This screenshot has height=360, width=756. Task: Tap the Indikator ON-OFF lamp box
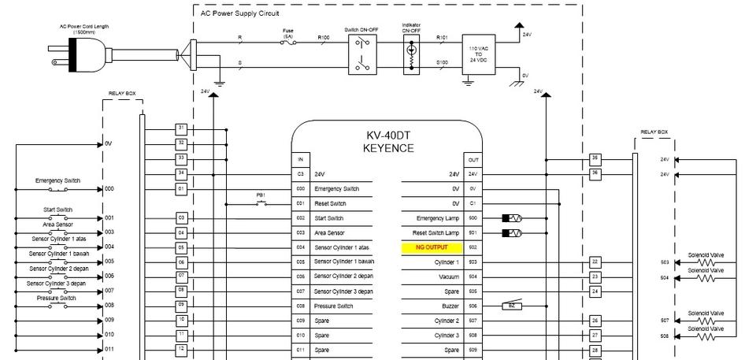[410, 54]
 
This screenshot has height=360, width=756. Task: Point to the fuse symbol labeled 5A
[288, 43]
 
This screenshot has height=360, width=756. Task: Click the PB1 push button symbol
[261, 203]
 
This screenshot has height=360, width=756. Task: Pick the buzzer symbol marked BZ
[512, 306]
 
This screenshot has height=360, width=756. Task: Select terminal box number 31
[181, 128]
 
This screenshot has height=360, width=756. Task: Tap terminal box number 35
[595, 158]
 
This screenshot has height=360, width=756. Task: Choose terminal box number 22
[595, 262]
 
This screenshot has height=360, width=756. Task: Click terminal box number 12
[181, 349]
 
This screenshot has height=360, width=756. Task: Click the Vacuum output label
[448, 276]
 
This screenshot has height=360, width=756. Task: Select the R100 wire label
[324, 37]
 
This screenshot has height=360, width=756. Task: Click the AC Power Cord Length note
[84, 28]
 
